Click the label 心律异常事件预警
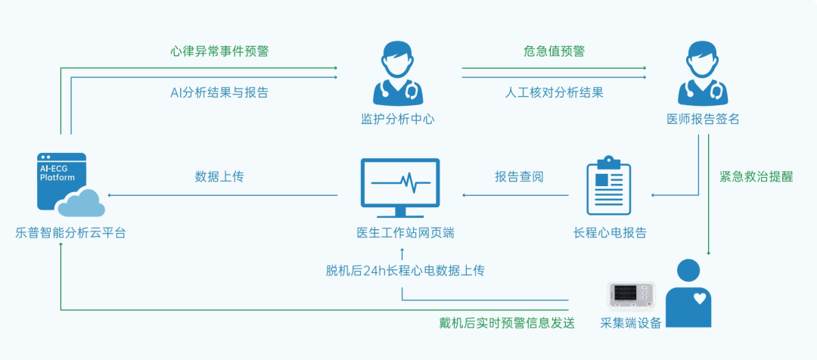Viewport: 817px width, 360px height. (219, 51)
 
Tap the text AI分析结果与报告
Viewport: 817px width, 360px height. (219, 93)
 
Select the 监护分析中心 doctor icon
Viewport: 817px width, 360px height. (398, 74)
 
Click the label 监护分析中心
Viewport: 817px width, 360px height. (398, 119)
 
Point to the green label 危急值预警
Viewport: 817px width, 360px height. (554, 51)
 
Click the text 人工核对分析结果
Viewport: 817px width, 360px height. (554, 93)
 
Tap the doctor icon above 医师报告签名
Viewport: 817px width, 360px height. (703, 74)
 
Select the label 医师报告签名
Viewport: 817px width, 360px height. (703, 119)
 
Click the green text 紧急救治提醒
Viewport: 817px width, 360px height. (756, 177)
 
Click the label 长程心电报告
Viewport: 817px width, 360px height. (610, 233)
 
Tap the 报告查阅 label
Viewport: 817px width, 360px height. (519, 177)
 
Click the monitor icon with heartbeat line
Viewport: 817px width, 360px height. (400, 188)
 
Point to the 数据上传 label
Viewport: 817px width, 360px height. (219, 177)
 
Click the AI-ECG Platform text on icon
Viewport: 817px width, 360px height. (57, 172)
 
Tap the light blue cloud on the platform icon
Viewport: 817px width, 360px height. (82, 203)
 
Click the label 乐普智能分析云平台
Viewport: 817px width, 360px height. (70, 233)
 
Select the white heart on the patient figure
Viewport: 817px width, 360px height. (699, 299)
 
